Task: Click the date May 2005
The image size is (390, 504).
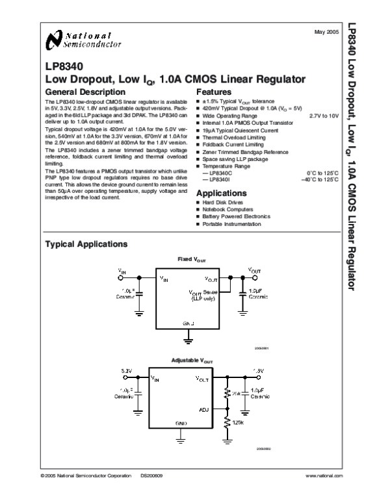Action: pyautogui.click(x=328, y=31)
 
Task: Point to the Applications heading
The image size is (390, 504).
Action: pyautogui.click(x=222, y=194)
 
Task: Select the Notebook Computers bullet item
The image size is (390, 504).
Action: pyautogui.click(x=231, y=210)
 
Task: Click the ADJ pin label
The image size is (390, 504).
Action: pyautogui.click(x=204, y=410)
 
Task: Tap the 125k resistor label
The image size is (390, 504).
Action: pyautogui.click(x=238, y=423)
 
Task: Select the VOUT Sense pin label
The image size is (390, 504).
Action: pyautogui.click(x=202, y=294)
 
